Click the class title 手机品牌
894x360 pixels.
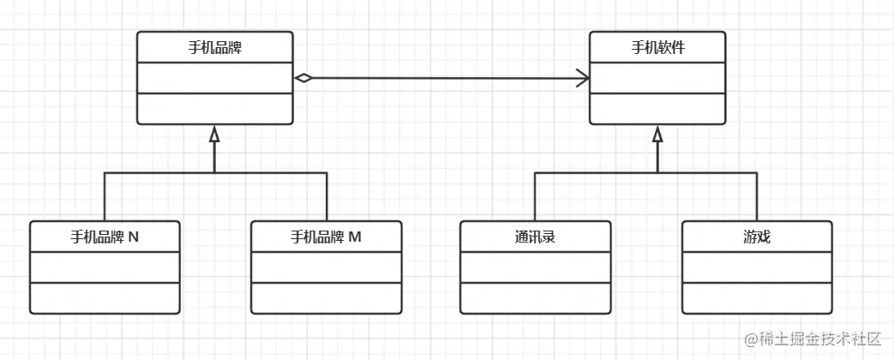(x=214, y=47)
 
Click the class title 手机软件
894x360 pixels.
(x=657, y=47)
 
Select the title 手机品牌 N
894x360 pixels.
(x=105, y=237)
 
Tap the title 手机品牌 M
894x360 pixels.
(x=327, y=237)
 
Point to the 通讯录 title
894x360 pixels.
(x=535, y=237)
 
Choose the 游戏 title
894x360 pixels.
(x=757, y=237)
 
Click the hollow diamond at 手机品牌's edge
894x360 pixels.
(x=303, y=78)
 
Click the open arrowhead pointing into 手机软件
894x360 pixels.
(x=584, y=79)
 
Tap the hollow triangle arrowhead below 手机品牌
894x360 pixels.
(x=214, y=134)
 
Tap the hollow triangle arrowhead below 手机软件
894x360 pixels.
(x=657, y=134)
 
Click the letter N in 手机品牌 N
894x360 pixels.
(x=134, y=237)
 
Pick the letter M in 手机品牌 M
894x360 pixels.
(x=356, y=237)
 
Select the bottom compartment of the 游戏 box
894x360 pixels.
(x=757, y=297)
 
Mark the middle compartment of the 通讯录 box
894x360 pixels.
(x=535, y=267)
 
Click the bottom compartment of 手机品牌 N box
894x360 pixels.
(x=105, y=297)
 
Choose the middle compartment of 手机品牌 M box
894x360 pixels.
(x=327, y=267)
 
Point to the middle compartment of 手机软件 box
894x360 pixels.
(x=657, y=78)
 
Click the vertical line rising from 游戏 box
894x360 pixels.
(x=757, y=196)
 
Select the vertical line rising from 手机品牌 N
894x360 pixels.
(x=105, y=196)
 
